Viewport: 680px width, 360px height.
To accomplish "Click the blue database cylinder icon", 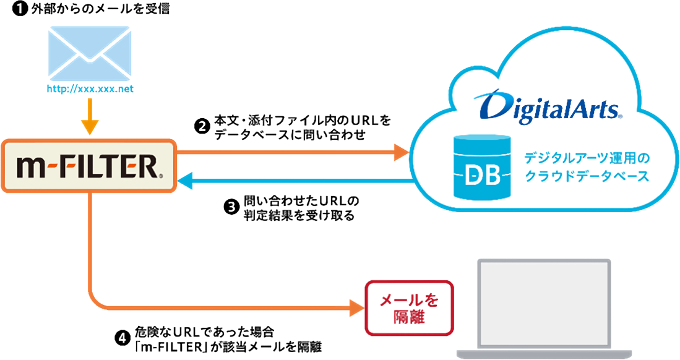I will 482,167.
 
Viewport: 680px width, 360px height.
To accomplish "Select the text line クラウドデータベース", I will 587,177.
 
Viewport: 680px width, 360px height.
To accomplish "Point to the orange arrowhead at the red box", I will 353,302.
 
